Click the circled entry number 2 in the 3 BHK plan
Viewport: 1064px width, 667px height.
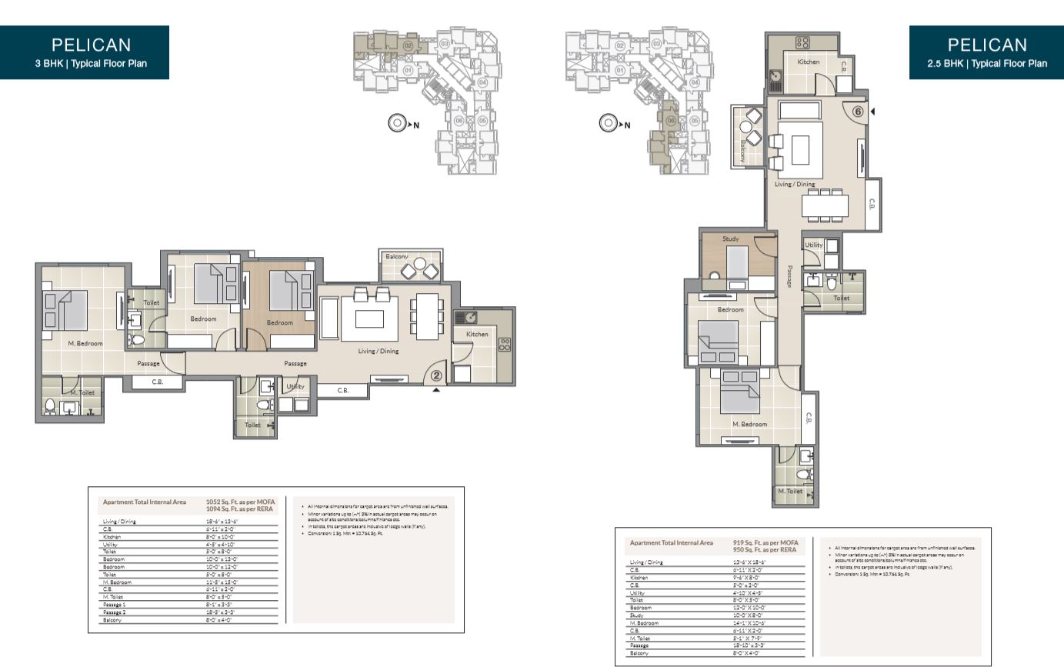click(x=436, y=376)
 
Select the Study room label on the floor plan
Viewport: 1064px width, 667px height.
click(x=730, y=239)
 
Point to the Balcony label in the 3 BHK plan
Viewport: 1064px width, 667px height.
click(x=397, y=256)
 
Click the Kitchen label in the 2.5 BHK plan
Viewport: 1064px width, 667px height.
click(x=808, y=62)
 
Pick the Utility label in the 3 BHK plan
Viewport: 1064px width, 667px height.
click(x=295, y=386)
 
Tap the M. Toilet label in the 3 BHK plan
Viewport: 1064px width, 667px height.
click(x=82, y=392)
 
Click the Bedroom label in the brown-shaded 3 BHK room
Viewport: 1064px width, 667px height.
click(x=279, y=322)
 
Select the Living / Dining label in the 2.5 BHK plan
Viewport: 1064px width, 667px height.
click(x=795, y=185)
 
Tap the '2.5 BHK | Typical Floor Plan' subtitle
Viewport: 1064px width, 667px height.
click(x=987, y=64)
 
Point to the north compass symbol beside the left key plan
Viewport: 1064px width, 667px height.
click(x=397, y=124)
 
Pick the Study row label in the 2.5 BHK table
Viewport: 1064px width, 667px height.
click(x=636, y=615)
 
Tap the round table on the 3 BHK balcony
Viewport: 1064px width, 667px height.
click(x=419, y=264)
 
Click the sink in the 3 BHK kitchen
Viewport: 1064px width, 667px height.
click(x=465, y=317)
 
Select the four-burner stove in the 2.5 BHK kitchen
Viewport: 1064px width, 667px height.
click(x=802, y=42)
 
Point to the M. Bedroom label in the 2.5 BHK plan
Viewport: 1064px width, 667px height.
click(x=749, y=424)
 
